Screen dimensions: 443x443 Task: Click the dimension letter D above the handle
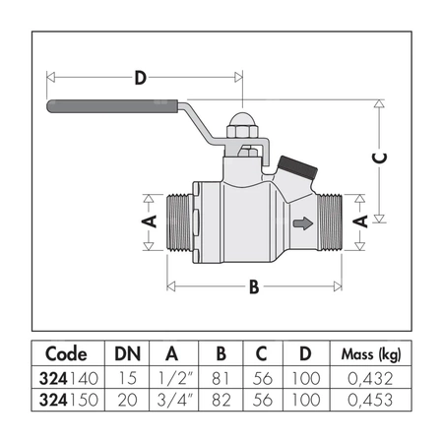pos(141,76)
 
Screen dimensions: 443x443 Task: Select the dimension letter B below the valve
pos(254,288)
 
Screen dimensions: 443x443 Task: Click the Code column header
pos(67,354)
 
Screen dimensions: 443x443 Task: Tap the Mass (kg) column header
pos(370,354)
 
